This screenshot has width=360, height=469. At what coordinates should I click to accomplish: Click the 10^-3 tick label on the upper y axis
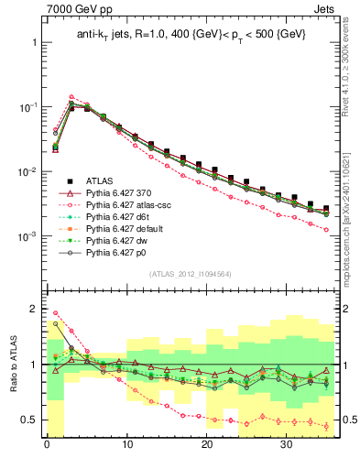tap(27, 236)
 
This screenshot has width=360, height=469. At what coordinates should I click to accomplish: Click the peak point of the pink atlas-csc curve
tap(71, 96)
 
